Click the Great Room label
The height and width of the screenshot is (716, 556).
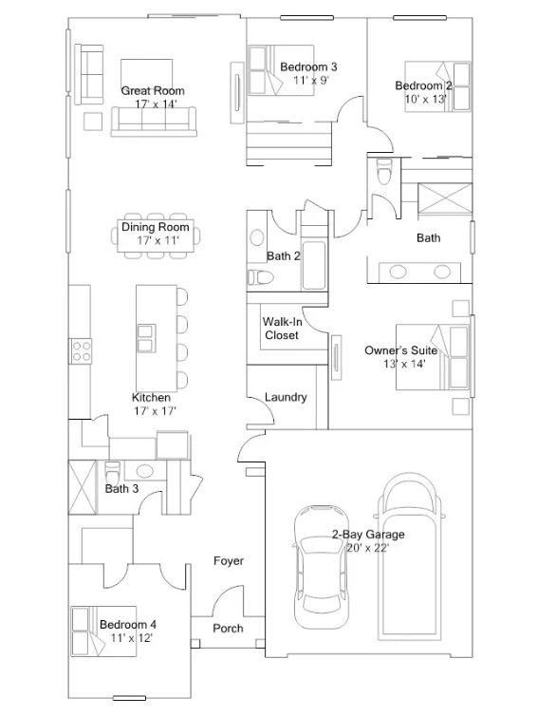click(153, 90)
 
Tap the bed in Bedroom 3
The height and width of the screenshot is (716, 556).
click(281, 70)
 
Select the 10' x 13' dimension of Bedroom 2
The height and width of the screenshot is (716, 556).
click(426, 99)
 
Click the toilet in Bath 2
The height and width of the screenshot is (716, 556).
click(260, 277)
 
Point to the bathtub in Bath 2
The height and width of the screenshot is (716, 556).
click(314, 265)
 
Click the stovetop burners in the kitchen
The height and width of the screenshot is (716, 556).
click(82, 350)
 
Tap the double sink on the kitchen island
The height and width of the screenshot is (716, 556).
click(146, 338)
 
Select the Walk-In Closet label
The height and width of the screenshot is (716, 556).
click(282, 329)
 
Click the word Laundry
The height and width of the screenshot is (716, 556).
click(286, 397)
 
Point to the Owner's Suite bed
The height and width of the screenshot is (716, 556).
click(433, 357)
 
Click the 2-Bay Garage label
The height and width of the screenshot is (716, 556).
click(368, 535)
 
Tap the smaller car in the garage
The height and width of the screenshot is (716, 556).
click(322, 567)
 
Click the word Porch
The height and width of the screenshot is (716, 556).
click(228, 629)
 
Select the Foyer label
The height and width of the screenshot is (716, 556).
click(229, 561)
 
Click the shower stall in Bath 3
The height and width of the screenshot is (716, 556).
click(83, 487)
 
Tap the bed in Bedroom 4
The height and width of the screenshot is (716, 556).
click(103, 631)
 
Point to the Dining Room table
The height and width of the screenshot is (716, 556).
click(156, 236)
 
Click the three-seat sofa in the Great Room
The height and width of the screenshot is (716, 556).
click(154, 122)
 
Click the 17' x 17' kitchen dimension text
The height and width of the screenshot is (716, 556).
click(155, 410)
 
